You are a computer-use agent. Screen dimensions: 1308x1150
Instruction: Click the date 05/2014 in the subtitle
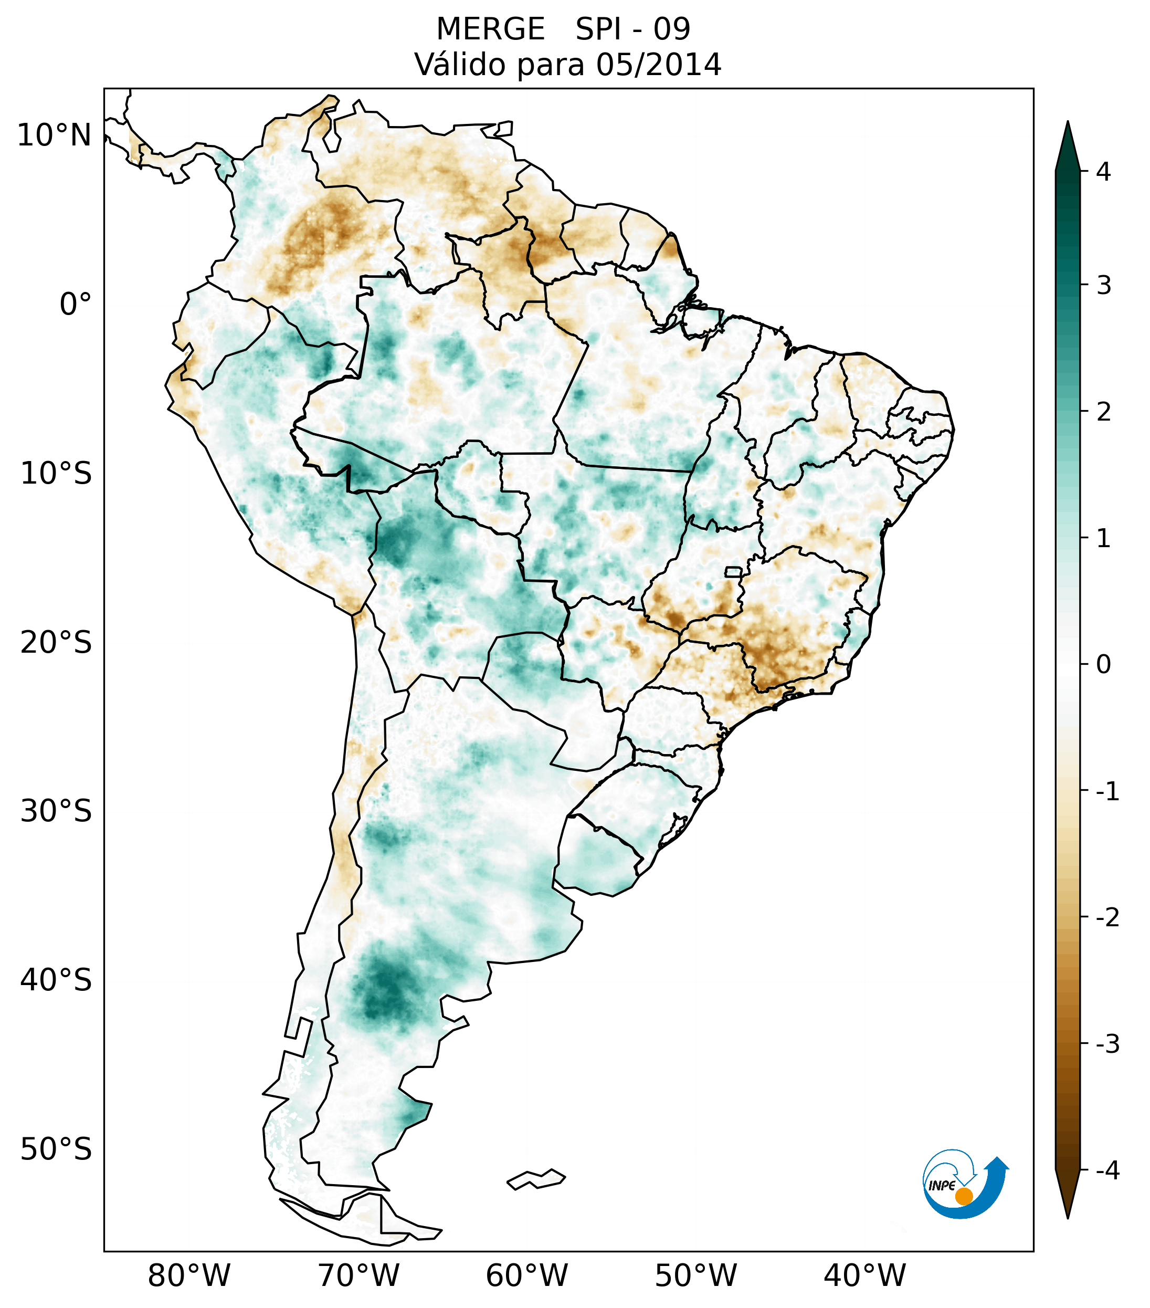pos(658,65)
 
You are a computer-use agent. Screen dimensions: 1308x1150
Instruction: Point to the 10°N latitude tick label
pos(55,135)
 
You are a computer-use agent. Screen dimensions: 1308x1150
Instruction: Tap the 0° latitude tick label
pos(76,305)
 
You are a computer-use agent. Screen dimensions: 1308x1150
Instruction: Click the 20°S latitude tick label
pos(56,643)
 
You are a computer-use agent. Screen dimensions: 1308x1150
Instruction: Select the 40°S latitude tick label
pos(56,980)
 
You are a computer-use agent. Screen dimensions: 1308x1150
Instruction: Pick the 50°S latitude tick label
pos(56,1150)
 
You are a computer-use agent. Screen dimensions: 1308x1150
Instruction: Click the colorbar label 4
pos(1103,172)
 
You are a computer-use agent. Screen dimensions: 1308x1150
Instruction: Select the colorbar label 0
pos(1103,665)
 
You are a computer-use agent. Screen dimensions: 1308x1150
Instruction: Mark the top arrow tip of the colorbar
pos(1067,123)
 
